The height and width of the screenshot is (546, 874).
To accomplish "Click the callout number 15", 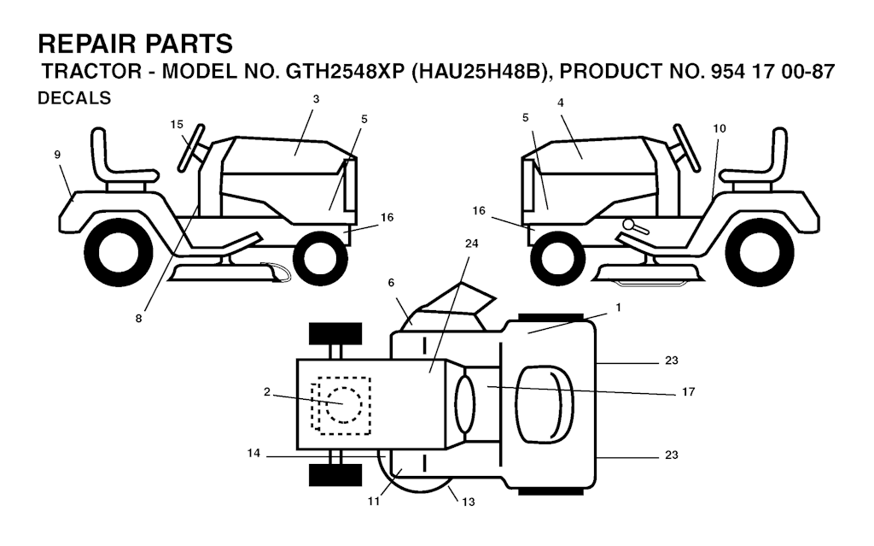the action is [x=177, y=125].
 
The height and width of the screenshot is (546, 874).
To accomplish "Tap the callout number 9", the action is [x=57, y=155].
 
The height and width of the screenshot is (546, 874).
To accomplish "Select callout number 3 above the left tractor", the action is [x=316, y=99].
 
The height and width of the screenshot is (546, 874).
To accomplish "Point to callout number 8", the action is [x=138, y=318].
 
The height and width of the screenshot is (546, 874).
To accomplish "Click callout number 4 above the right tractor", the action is [x=561, y=103].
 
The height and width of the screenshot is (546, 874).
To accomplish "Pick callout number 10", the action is [x=720, y=128].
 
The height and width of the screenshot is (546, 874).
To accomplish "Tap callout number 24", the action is [x=471, y=244].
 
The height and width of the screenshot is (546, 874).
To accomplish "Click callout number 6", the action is [x=391, y=283].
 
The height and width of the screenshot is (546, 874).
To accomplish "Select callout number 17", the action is [x=689, y=392].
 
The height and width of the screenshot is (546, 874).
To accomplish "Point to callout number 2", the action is [x=267, y=392].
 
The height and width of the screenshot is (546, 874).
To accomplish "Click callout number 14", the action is [x=253, y=454].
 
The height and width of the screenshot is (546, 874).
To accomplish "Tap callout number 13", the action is [x=469, y=502].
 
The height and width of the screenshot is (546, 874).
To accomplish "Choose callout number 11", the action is [x=374, y=502].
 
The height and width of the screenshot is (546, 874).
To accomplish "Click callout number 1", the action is [x=618, y=308].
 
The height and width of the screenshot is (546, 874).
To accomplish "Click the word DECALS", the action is [x=74, y=98].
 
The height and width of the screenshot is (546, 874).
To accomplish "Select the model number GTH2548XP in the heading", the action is [x=345, y=72].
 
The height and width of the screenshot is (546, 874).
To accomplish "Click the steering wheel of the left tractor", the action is [x=191, y=147].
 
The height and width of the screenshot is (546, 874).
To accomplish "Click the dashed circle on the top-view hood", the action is [x=344, y=405].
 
